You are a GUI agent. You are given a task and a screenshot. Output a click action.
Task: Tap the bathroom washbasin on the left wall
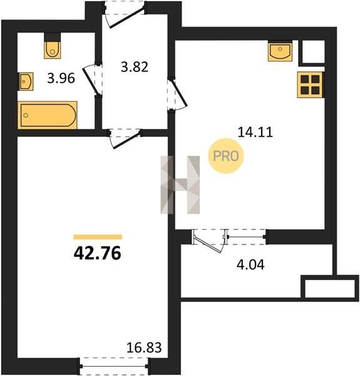pyautogui.click(x=26, y=81)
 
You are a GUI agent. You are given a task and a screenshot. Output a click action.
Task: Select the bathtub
pyautogui.click(x=48, y=115)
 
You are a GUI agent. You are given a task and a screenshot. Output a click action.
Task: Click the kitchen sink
pyautogui.click(x=280, y=51)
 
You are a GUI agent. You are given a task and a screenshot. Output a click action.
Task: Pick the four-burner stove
pyautogui.click(x=311, y=85)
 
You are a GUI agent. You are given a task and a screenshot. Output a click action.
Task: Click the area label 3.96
pyautogui.click(x=61, y=78)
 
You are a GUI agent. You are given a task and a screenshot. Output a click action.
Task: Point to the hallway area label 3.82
pyautogui.click(x=135, y=67)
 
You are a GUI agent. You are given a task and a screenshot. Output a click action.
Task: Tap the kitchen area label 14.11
pyautogui.click(x=255, y=132)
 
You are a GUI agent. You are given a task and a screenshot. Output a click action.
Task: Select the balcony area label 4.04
pyautogui.click(x=250, y=264)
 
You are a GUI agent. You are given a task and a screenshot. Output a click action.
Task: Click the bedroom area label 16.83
pyautogui.click(x=144, y=348)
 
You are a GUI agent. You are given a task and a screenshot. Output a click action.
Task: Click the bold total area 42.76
pyautogui.click(x=98, y=253)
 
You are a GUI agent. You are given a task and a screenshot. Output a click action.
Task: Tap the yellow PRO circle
pyautogui.click(x=226, y=156)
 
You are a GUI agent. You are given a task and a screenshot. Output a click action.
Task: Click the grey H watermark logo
pyautogui.click(x=180, y=185)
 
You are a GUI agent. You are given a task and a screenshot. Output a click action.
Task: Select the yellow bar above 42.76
pyautogui.click(x=98, y=237)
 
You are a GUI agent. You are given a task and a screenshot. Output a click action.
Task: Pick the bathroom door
pyautogui.click(x=93, y=80)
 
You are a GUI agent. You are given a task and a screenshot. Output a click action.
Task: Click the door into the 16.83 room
pyautogui.click(x=125, y=138)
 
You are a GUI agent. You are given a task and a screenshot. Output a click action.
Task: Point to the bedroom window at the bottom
pyautogui.click(x=114, y=366)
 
